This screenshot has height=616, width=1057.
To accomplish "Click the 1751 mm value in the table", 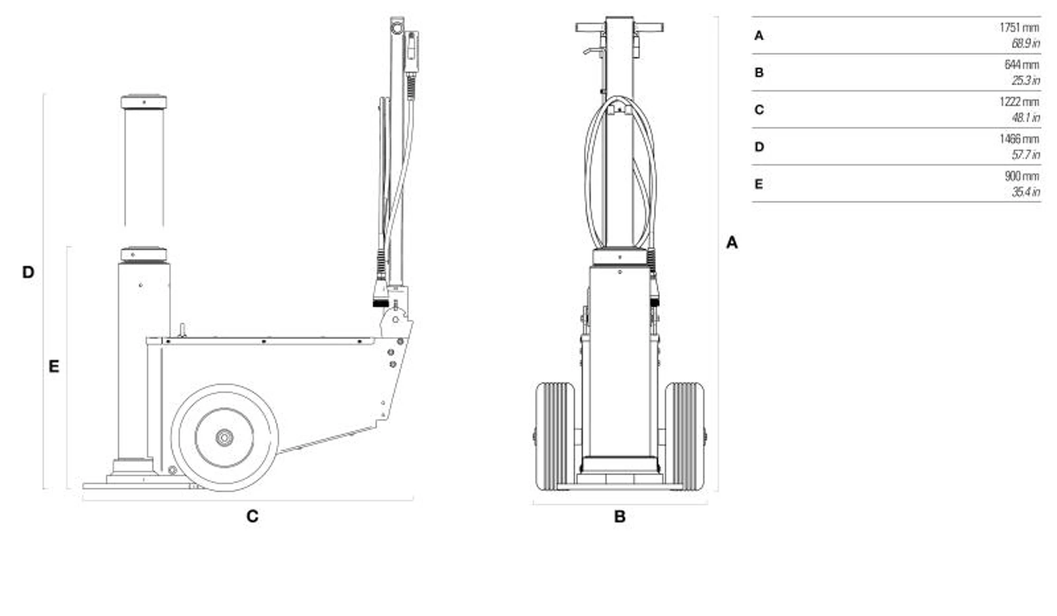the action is (x=1019, y=27).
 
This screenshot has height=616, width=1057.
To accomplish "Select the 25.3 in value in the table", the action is (x=1026, y=80).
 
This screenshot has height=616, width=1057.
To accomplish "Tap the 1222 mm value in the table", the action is (x=1019, y=102).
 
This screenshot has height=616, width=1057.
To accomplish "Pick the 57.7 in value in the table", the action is (x=1026, y=154).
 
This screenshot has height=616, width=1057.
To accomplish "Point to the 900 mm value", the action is (x=1022, y=176).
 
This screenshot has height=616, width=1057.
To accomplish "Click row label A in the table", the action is (x=759, y=35).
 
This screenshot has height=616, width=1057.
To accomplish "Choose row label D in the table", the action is (x=759, y=146).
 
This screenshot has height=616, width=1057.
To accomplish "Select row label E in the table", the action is (x=758, y=184).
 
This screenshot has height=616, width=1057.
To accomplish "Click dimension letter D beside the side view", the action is (x=28, y=272).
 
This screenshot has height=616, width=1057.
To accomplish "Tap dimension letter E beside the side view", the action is (x=53, y=366).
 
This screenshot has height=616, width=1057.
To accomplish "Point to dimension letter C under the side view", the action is (x=252, y=516).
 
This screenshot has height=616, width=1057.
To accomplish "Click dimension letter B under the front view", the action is (x=619, y=517).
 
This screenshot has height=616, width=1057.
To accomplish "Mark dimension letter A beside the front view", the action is (x=731, y=242).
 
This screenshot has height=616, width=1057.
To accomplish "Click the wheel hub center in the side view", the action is (x=224, y=437).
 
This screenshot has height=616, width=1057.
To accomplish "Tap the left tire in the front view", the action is (x=555, y=436).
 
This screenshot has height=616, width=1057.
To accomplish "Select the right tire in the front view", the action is (x=684, y=436).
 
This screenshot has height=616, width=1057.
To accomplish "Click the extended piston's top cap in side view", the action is (x=144, y=102).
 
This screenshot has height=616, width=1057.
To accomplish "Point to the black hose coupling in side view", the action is (x=381, y=303).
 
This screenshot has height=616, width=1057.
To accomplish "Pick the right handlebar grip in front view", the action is (x=648, y=27).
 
